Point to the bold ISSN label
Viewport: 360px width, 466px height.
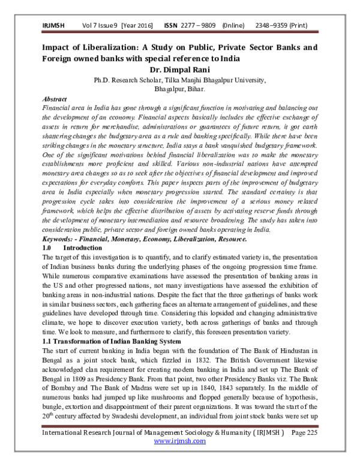[x=171, y=28]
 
